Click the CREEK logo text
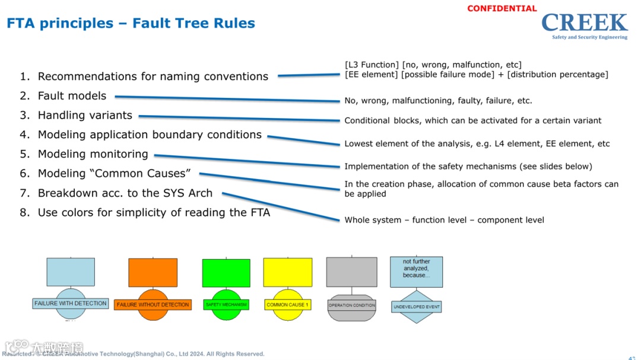click(584, 23)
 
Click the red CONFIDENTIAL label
click(502, 9)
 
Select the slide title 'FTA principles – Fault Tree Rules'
click(131, 24)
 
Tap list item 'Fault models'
click(72, 96)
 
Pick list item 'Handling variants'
click(85, 116)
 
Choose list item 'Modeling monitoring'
click(93, 154)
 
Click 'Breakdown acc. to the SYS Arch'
click(125, 193)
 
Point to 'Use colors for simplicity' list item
click(154, 213)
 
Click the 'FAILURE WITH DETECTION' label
click(71, 304)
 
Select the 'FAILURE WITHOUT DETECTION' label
click(153, 305)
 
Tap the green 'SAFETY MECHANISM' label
click(226, 305)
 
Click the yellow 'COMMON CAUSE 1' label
click(287, 305)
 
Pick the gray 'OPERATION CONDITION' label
click(352, 305)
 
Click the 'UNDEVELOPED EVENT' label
click(416, 307)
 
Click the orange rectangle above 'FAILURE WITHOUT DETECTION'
click(153, 272)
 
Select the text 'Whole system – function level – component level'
click(444, 220)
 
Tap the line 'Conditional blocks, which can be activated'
click(472, 120)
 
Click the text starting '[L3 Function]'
click(433, 65)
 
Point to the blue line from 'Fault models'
click(226, 98)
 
